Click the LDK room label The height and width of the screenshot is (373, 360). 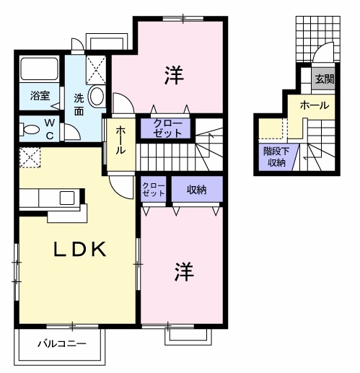click(x=79, y=249)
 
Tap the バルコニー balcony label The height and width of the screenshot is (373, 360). click(x=62, y=343)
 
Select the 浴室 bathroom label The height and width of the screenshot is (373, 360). click(x=40, y=95)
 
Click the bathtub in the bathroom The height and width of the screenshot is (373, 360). click(x=40, y=69)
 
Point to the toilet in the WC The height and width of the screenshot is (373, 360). click(x=30, y=129)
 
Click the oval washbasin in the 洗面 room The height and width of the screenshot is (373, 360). click(x=97, y=96)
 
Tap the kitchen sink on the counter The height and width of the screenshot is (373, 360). click(x=67, y=198)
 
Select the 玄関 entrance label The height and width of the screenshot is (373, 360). click(x=325, y=79)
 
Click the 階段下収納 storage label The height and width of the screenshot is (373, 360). click(x=276, y=157)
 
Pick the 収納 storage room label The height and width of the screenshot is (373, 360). click(x=196, y=190)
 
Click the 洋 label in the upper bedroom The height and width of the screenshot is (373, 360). click(x=174, y=75)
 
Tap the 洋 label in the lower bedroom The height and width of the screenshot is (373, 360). click(x=184, y=271)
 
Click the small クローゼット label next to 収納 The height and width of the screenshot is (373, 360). click(x=154, y=190)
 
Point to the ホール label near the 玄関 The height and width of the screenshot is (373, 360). click(x=315, y=105)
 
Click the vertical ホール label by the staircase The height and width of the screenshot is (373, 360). click(x=120, y=141)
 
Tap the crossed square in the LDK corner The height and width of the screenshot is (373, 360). click(x=30, y=157)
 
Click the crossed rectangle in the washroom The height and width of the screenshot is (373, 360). click(x=96, y=70)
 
